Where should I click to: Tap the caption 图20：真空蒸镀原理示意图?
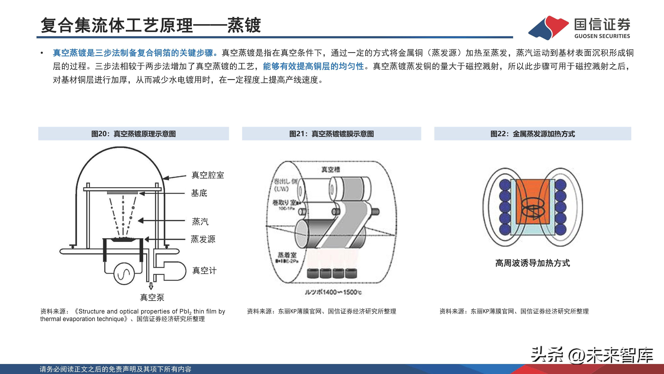click(x=133, y=134)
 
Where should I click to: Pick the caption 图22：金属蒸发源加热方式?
click(x=533, y=134)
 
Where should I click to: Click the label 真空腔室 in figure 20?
click(x=207, y=175)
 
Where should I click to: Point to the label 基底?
click(x=199, y=193)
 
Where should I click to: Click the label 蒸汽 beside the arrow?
click(x=200, y=221)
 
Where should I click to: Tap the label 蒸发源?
click(x=203, y=239)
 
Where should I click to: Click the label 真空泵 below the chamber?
click(x=152, y=298)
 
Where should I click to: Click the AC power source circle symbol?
click(x=124, y=274)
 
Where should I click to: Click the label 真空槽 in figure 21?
click(x=331, y=169)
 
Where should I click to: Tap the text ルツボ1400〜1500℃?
click(x=333, y=292)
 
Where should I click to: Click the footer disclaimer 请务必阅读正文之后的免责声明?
click(x=115, y=369)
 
